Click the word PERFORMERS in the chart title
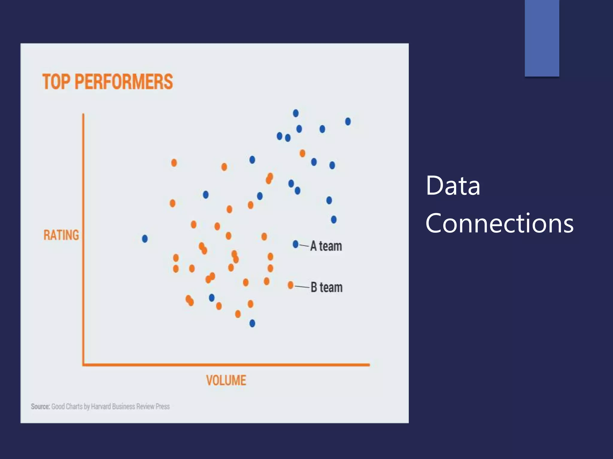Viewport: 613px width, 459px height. [x=124, y=82]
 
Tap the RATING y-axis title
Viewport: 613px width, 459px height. [x=61, y=235]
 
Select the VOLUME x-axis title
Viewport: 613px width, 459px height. [x=226, y=380]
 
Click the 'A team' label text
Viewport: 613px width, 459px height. [x=326, y=246]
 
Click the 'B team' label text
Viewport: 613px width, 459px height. [x=327, y=287]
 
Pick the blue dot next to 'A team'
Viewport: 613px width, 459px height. [x=295, y=244]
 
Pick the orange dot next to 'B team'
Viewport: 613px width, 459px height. [x=290, y=285]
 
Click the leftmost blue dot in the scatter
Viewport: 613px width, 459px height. [x=145, y=239]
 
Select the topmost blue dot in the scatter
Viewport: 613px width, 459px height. [x=296, y=113]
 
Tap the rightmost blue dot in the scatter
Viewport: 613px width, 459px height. [x=348, y=122]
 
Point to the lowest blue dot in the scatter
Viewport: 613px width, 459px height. [x=252, y=323]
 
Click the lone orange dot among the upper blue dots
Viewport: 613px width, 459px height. [x=302, y=153]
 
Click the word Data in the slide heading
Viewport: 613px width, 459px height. [x=453, y=186]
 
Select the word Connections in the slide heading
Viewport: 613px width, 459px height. [x=499, y=223]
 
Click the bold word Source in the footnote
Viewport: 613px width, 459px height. [x=40, y=406]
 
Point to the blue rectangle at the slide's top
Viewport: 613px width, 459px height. [x=542, y=38]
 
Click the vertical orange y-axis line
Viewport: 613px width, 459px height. [x=83, y=239]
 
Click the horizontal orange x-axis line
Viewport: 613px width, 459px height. [x=226, y=365]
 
